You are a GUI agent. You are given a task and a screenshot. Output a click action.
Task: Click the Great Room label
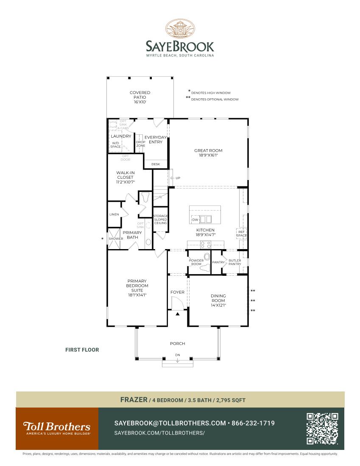click(x=208, y=153)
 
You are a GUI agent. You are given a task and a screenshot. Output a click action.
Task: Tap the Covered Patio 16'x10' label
click(x=140, y=97)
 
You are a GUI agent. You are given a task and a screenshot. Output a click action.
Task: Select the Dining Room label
click(x=218, y=300)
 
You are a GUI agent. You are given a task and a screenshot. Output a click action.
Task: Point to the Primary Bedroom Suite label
click(x=137, y=288)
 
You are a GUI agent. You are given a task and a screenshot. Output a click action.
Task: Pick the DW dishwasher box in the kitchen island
click(x=195, y=220)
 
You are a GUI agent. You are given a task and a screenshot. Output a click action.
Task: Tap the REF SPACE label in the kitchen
click(x=241, y=233)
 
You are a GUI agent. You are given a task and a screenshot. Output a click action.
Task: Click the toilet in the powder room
click(x=207, y=257)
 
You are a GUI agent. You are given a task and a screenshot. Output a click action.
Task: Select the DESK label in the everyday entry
click(x=156, y=164)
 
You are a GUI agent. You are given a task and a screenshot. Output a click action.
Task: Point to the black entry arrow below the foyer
click(x=178, y=314)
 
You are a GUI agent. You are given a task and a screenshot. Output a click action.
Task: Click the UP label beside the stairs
click(x=178, y=178)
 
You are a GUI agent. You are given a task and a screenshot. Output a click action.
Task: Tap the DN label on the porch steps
click(x=178, y=355)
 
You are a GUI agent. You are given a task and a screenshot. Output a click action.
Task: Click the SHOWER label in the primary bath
click(x=115, y=239)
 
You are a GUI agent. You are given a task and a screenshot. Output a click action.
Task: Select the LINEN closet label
click(x=114, y=214)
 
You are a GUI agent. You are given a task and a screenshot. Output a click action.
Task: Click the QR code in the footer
click(x=322, y=428)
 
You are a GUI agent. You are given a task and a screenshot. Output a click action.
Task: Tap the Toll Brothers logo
click(x=57, y=428)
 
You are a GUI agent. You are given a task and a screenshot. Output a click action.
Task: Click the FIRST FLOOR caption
click(x=82, y=350)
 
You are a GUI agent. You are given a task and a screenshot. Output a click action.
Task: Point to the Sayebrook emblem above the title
click(x=180, y=29)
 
